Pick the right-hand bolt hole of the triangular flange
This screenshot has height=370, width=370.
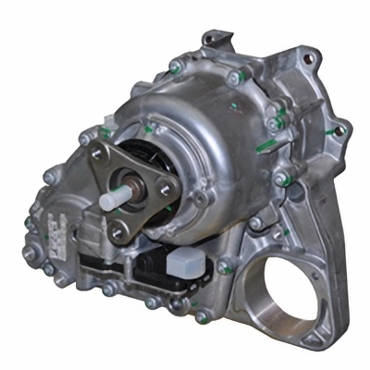point(166,191)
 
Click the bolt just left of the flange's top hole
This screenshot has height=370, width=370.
point(85,139)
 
